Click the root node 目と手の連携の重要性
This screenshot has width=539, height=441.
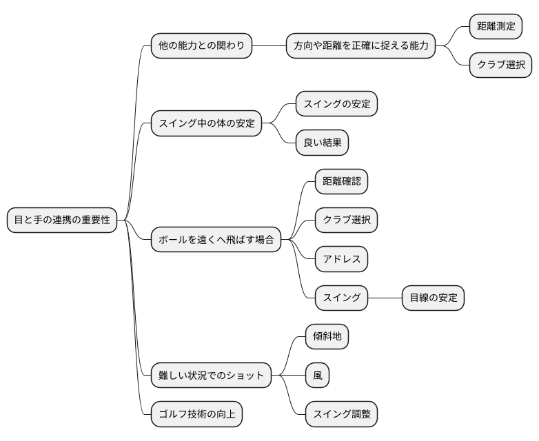point(62,220)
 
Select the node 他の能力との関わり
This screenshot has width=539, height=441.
point(201,46)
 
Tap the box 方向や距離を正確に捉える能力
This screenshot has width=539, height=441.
point(361,46)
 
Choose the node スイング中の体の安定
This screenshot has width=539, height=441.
point(206,124)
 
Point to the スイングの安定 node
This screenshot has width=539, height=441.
point(337,105)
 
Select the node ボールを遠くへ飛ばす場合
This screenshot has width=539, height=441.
point(216,240)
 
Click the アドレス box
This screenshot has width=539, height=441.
point(341,259)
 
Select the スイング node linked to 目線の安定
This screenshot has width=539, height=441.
point(341,298)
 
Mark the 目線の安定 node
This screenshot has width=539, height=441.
point(433,298)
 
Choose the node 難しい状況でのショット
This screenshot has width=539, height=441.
point(211,376)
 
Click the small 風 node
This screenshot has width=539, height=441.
point(318,376)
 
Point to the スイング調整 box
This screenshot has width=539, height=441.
point(341,414)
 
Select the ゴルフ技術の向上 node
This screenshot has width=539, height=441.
point(196,414)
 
